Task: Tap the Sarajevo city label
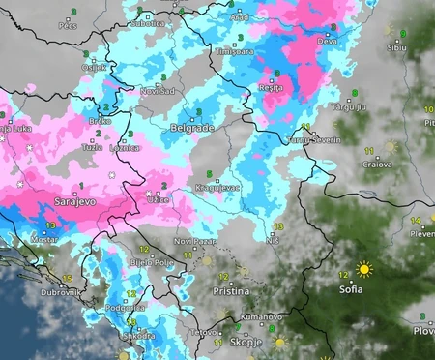[x=43, y=204]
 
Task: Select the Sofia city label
[x=351, y=288]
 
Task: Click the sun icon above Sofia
[x=364, y=269]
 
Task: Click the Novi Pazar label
[x=190, y=240]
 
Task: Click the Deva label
[x=328, y=42]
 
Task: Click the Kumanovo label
[x=263, y=316]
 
